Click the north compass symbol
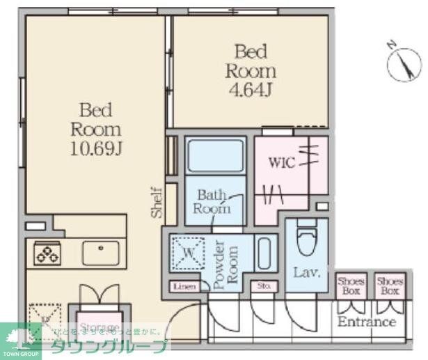coord(404,63)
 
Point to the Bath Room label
coord(212,201)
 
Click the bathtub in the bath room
coord(216,155)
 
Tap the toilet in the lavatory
coord(306,241)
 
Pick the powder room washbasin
coord(264,253)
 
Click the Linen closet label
coord(184,286)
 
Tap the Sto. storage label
coord(263,285)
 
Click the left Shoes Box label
coord(351,285)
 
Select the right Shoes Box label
coord(390,285)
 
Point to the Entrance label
coord(367,322)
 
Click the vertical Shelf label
coord(158,202)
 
